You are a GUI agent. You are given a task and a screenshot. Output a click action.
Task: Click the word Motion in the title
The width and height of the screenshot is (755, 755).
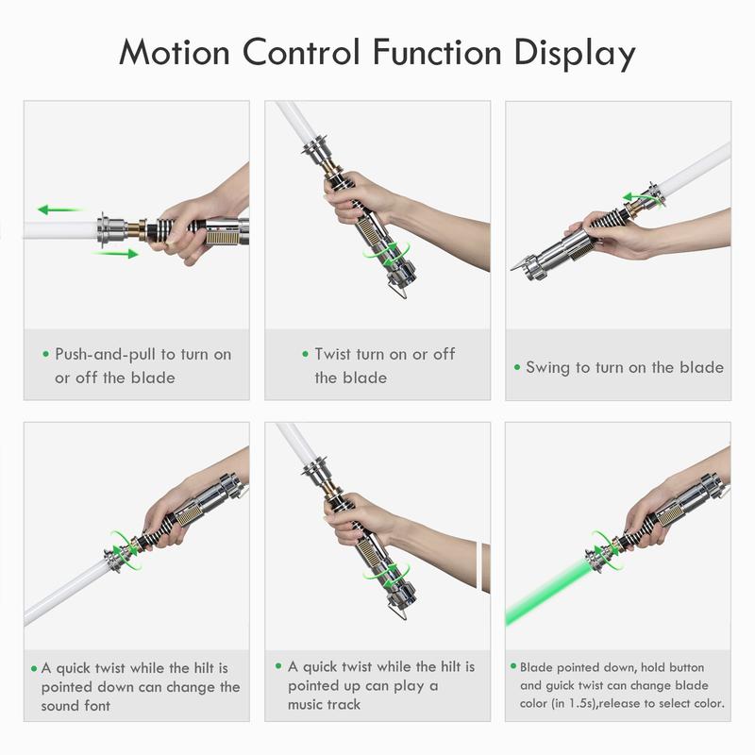(175, 52)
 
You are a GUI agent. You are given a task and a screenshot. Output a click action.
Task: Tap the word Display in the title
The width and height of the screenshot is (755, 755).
(575, 54)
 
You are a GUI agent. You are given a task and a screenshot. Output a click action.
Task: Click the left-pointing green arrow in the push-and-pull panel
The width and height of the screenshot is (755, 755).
(59, 210)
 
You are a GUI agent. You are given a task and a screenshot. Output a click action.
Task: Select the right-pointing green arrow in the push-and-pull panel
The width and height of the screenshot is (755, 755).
(117, 253)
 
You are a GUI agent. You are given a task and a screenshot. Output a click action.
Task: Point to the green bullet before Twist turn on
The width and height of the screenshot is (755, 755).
(305, 354)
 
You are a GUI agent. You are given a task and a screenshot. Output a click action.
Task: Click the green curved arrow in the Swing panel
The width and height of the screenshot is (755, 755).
(643, 196)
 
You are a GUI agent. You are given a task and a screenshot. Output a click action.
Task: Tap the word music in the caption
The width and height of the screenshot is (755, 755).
(305, 704)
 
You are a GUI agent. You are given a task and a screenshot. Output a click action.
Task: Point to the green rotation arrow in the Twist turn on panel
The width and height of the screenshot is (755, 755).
(387, 254)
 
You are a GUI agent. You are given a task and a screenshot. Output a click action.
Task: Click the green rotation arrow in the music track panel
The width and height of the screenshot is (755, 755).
(387, 576)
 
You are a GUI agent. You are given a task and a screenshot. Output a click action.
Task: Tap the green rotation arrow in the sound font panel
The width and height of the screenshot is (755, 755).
(123, 550)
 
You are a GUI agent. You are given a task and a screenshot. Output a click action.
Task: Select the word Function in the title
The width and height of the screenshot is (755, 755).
(437, 52)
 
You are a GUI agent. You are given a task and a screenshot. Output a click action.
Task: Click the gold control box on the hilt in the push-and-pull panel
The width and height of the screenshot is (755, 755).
(217, 237)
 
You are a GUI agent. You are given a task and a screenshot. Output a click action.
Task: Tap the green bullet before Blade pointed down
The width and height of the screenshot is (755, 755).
(512, 666)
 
